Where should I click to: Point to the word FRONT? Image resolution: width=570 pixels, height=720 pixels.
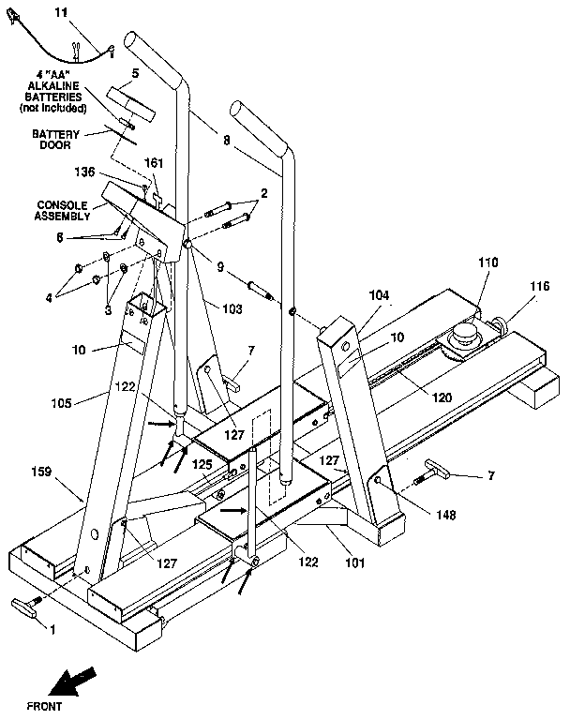(x=45, y=703)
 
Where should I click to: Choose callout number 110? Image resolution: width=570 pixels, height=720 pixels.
(x=487, y=263)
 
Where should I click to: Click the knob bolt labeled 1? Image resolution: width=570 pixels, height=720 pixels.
(x=26, y=607)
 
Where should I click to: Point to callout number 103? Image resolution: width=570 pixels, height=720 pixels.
(x=232, y=307)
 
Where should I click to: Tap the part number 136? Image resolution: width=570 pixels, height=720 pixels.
(x=87, y=172)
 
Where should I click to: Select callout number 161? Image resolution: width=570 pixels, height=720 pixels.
(x=154, y=162)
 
